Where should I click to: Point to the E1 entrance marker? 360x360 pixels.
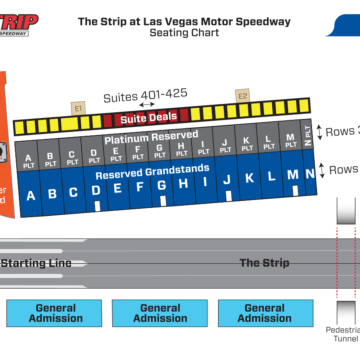click(78, 106)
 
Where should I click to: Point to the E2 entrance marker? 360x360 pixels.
click(242, 96)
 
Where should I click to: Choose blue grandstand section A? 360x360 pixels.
click(30, 195)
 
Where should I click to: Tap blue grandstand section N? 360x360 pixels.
click(294, 177)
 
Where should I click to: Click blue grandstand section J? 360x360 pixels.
click(227, 181)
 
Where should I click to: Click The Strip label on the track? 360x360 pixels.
click(264, 263)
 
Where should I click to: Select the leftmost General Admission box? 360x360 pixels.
click(56, 313)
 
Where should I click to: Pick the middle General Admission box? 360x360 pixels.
click(160, 313)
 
